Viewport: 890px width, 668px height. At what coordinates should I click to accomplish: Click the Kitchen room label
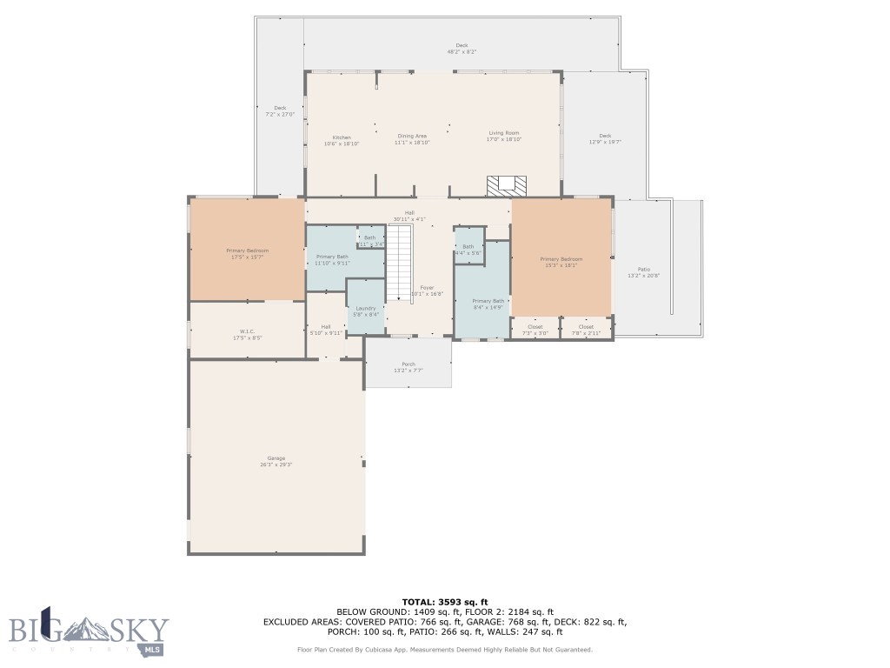(342, 140)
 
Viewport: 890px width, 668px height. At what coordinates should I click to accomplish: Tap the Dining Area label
(412, 138)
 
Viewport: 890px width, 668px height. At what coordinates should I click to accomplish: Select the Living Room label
(503, 136)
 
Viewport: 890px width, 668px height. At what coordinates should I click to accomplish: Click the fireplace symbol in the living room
(506, 185)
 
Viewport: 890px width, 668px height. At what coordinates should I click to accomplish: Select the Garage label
(276, 461)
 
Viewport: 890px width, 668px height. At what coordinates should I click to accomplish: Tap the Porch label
(408, 367)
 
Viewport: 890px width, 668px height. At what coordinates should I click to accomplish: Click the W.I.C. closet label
(246, 334)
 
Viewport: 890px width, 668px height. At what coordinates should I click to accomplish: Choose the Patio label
(643, 272)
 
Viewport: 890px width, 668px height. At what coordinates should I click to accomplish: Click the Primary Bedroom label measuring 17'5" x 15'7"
(247, 253)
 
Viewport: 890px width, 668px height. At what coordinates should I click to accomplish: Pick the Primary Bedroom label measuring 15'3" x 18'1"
(561, 262)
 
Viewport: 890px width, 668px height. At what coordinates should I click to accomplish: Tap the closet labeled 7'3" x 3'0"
(535, 330)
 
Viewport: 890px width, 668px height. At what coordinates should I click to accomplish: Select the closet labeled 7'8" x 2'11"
(586, 330)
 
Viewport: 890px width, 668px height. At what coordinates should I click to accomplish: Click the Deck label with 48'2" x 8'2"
(462, 49)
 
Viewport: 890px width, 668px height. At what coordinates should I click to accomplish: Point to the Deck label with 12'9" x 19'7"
(605, 138)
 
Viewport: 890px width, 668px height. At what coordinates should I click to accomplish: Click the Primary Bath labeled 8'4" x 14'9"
(488, 304)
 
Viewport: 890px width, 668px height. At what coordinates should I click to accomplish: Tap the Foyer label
(427, 291)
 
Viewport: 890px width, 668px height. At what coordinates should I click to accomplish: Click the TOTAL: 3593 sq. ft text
(444, 602)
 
